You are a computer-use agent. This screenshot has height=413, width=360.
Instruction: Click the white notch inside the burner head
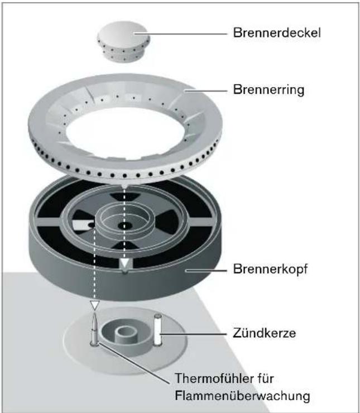87,225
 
